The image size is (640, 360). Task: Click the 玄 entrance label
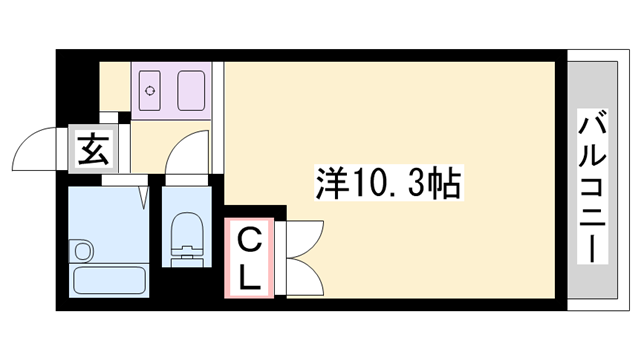[x=93, y=149]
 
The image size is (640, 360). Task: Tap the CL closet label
[x=249, y=258]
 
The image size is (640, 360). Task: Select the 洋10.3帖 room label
[x=389, y=182]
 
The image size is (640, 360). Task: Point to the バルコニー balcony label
[x=592, y=187]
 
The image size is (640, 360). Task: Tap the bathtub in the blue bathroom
[x=109, y=280]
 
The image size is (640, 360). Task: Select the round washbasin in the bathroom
[x=83, y=251]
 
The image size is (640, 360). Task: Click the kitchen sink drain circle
[x=150, y=90]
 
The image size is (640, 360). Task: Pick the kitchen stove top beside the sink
[x=191, y=90]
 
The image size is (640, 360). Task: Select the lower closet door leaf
[x=304, y=277]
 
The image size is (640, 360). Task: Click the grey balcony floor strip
[x=592, y=180]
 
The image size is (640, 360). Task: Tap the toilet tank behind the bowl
[x=187, y=258]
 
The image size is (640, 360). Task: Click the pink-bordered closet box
[x=249, y=258]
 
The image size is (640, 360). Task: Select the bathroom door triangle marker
[x=143, y=198]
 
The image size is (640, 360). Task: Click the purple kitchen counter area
[x=171, y=91]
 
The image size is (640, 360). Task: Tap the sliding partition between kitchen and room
[x=218, y=118]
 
